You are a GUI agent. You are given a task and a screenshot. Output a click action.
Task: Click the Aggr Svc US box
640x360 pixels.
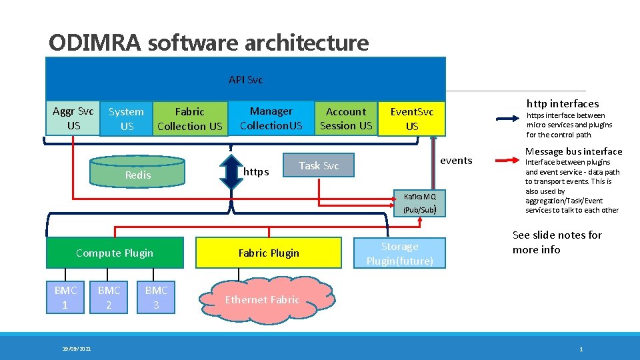pos(73,119)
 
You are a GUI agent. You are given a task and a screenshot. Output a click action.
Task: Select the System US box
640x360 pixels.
pos(126,119)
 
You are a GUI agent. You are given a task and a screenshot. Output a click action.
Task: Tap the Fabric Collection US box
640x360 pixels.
pos(189,119)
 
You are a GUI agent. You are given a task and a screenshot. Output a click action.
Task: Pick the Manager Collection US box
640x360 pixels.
pos(271,118)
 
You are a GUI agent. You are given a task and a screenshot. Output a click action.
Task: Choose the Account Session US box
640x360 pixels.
pos(345,119)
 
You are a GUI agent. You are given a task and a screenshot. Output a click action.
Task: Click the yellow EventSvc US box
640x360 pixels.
pos(411,119)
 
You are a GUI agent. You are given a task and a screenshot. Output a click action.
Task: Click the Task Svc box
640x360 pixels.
pos(318,165)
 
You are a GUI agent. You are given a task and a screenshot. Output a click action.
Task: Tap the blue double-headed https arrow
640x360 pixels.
pos(231,173)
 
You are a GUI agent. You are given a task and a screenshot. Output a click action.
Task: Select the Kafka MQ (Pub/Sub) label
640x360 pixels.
pos(420,203)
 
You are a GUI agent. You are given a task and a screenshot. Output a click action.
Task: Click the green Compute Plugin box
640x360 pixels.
pos(114,253)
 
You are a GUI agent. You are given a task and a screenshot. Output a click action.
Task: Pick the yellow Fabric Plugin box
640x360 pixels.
pos(269,253)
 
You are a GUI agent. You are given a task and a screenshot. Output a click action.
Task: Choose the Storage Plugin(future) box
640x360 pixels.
pos(399,253)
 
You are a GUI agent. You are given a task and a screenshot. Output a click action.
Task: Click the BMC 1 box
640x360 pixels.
pos(65,297)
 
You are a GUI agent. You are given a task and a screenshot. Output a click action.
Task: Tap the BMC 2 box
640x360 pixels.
pos(109,297)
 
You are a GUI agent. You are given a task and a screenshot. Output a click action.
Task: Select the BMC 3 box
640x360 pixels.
pos(156,297)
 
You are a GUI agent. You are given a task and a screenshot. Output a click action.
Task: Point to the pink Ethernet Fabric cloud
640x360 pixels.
pos(262,300)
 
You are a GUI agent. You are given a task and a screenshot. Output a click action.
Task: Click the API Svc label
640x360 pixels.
pos(245,80)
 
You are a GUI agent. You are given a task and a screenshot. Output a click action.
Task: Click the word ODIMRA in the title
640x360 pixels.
pos(95,43)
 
